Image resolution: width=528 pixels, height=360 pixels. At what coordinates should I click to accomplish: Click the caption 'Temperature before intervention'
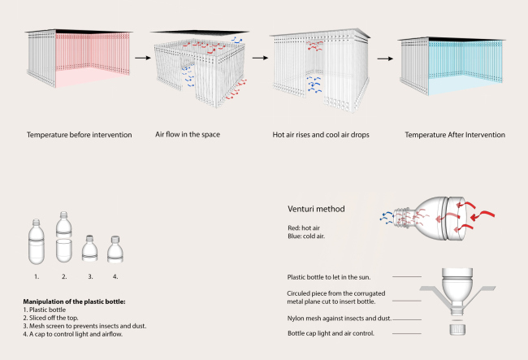pyautogui.click(x=79, y=133)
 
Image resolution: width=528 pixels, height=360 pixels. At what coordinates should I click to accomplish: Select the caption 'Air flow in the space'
pyautogui.click(x=188, y=133)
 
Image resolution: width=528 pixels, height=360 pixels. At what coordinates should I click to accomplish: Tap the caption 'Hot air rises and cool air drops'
pyautogui.click(x=319, y=133)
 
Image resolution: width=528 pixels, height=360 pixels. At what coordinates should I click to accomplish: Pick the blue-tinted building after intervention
pyautogui.click(x=452, y=68)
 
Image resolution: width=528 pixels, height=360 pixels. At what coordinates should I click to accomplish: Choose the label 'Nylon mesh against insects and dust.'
pyautogui.click(x=340, y=318)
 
